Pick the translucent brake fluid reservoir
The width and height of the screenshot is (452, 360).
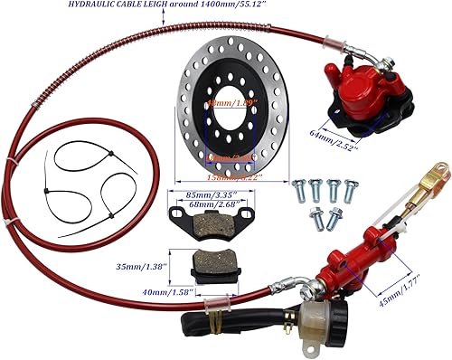pyautogui.click(x=317, y=325)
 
